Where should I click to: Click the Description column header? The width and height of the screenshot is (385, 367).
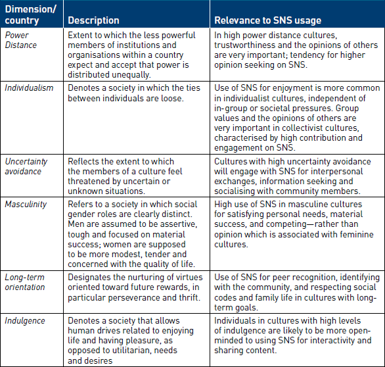(x=93, y=20)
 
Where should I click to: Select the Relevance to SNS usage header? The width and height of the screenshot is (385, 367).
(x=267, y=20)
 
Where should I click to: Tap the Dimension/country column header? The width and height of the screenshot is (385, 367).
(x=30, y=14)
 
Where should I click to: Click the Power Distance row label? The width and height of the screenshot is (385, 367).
(x=20, y=40)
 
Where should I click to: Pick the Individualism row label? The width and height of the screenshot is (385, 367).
(x=29, y=87)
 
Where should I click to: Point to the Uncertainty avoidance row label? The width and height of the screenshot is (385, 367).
(x=26, y=166)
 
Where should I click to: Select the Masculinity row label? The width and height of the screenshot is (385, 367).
(x=26, y=205)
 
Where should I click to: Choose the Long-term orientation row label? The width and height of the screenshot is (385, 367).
(x=25, y=282)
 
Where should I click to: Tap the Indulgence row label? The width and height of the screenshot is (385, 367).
(x=25, y=321)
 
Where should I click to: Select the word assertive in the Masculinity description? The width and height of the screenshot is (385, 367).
(x=182, y=224)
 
